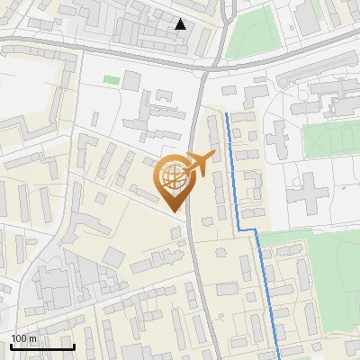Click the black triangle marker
[181, 24]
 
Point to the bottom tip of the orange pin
[176, 211]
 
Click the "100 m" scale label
[24, 338]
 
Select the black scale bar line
[42, 346]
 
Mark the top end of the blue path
[225, 114]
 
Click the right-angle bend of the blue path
[257, 231]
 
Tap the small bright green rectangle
[111, 80]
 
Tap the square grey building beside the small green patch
[131, 81]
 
